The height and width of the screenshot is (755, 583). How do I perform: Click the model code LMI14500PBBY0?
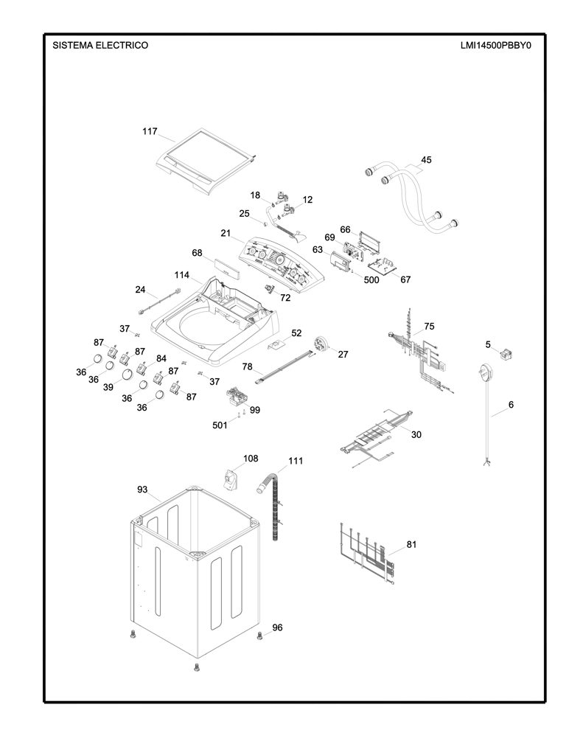[495, 46]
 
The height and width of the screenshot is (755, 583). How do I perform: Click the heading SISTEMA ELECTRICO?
[100, 46]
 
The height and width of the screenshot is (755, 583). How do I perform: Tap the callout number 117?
[150, 131]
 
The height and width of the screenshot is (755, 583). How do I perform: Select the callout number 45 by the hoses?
[426, 160]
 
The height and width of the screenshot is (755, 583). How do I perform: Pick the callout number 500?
[371, 279]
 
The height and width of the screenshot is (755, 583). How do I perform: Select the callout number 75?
[429, 326]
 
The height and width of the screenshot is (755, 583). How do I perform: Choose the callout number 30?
[416, 434]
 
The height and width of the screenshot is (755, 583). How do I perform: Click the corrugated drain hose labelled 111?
[274, 507]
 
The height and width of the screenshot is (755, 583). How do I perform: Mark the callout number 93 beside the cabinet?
[142, 490]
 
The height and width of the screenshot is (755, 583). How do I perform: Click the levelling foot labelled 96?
[260, 635]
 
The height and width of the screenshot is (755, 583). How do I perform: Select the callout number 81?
[411, 545]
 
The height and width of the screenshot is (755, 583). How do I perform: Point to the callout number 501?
[220, 425]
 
